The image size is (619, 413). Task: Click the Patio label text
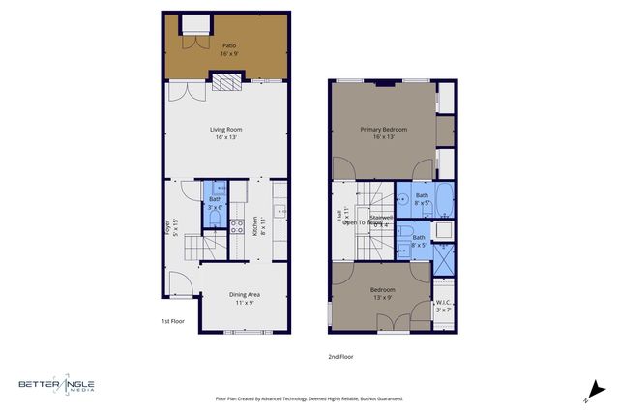tap(229, 44)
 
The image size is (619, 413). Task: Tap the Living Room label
tap(225, 129)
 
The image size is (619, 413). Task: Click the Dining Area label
tap(244, 294)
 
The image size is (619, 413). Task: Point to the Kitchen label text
tap(255, 226)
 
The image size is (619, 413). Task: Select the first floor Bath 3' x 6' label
tap(215, 204)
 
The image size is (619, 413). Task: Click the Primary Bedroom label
tap(384, 129)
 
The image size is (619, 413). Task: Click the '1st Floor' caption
tap(172, 321)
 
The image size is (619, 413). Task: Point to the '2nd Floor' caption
tap(340, 356)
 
